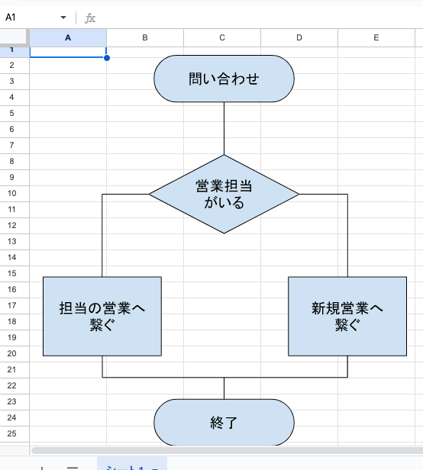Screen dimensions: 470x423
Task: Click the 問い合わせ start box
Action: coord(224,79)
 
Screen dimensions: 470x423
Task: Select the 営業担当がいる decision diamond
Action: coord(224,194)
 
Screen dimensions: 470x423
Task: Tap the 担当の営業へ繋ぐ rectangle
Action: coord(102,316)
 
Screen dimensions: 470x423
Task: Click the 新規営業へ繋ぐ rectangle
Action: coord(347,316)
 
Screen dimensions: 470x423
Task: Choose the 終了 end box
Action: coord(224,423)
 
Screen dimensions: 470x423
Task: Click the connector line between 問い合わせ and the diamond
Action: coord(224,128)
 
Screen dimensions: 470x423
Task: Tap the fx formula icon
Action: coord(90,17)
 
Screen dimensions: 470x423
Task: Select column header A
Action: coord(68,37)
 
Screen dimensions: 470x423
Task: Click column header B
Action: coord(145,37)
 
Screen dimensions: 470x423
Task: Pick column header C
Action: coord(222,37)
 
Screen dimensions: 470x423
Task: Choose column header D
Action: coord(299,37)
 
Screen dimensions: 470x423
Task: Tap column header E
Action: coord(376,37)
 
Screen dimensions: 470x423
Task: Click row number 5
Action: coord(11,113)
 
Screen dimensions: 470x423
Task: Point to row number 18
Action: coord(11,321)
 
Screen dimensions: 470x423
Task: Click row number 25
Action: coord(11,433)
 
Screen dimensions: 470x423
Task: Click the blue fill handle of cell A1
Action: coord(106,58)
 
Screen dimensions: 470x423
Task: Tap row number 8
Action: coord(11,161)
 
